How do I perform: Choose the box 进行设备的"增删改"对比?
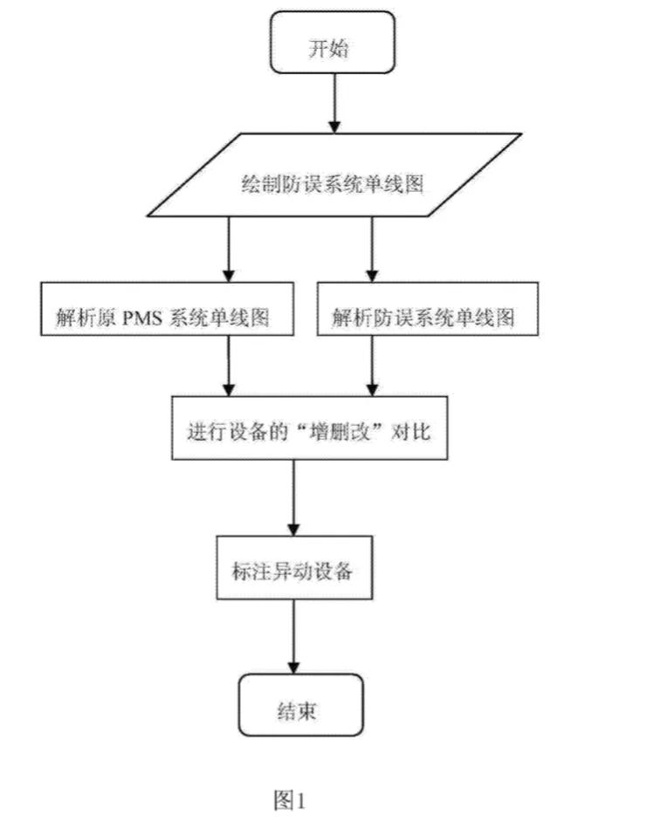[309, 432]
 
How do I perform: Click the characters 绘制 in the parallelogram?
[259, 185]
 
